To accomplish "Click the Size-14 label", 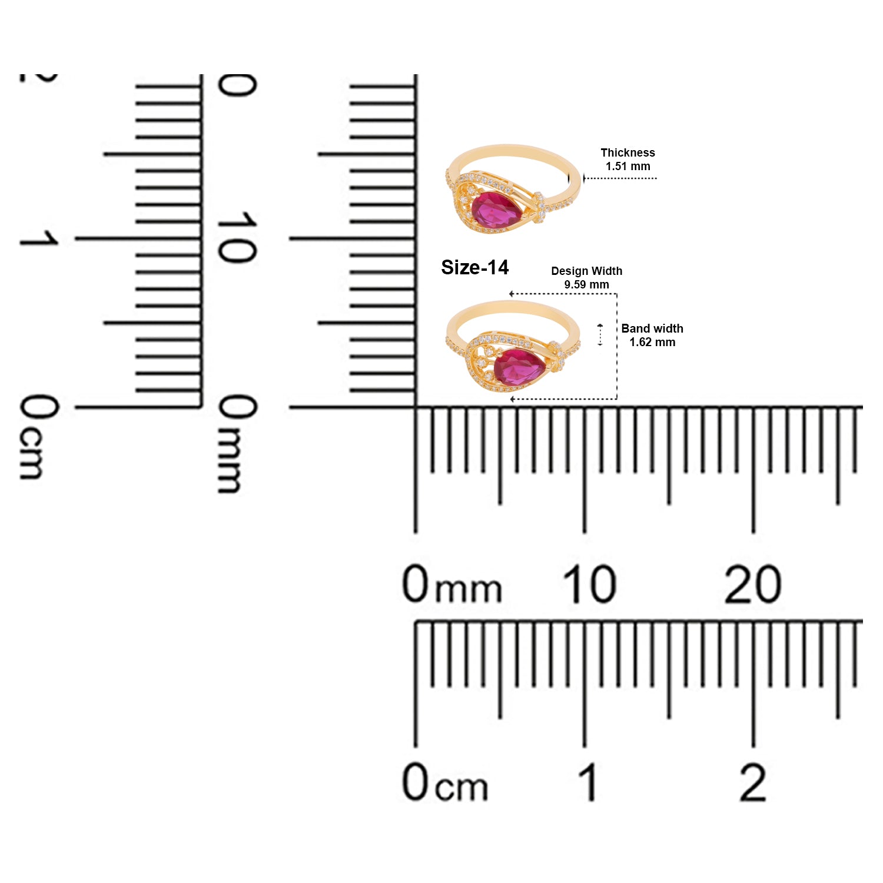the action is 474,267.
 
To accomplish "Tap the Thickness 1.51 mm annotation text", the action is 628,160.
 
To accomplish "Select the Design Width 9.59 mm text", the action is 586,277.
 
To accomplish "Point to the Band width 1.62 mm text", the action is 652,335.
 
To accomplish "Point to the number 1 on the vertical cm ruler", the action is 39,238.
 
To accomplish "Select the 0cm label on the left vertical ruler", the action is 39,437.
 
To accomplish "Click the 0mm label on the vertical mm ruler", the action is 237,443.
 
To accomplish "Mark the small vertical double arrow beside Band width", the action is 600,334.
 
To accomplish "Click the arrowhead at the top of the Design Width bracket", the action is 512,294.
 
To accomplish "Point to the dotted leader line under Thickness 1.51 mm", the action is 620,178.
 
